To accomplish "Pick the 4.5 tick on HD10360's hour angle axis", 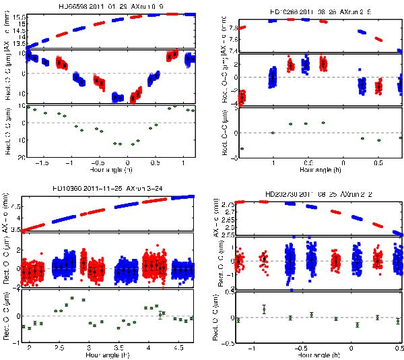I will pyautogui.click(x=177, y=348).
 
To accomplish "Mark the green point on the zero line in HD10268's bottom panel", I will pyautogui.click(x=273, y=133).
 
